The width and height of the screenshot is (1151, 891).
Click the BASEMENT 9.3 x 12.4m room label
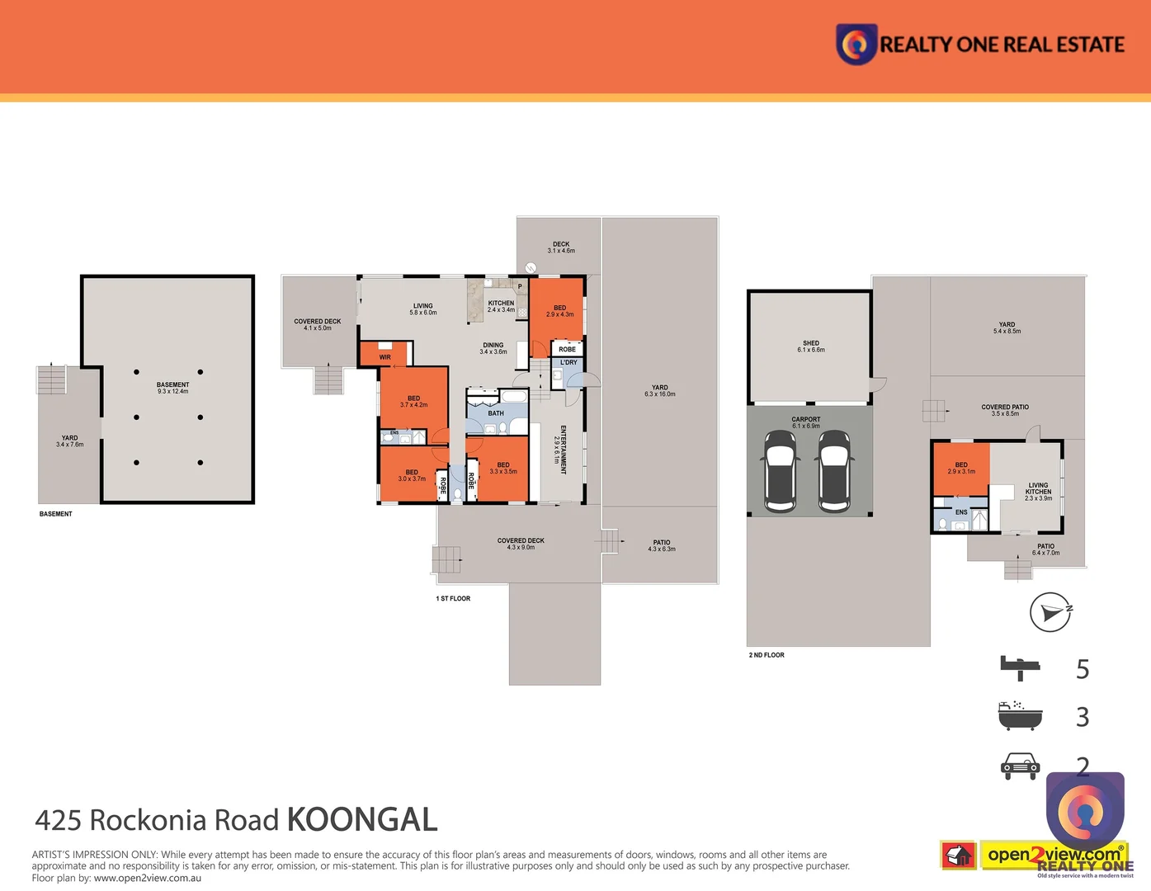click(x=172, y=388)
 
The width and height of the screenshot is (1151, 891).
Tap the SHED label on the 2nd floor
click(x=811, y=346)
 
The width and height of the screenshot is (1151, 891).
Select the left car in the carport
click(x=780, y=470)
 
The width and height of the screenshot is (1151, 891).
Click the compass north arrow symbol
click(x=1050, y=612)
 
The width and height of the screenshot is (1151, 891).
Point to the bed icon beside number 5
click(x=1020, y=667)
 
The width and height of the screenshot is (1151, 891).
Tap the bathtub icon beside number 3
click(x=1020, y=716)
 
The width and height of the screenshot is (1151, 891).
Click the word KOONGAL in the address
click(x=361, y=820)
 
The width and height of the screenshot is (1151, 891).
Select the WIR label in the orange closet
click(x=385, y=357)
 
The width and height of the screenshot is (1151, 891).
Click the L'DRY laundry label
click(x=568, y=362)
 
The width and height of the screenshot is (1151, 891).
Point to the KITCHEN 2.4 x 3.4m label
click(x=501, y=306)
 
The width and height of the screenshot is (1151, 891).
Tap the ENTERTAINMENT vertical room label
click(x=560, y=450)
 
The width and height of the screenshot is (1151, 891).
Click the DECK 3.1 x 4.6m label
click(x=561, y=247)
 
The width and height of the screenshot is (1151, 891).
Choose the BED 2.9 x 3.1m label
click(x=961, y=468)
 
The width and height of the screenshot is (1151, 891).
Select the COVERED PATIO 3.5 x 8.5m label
click(x=1005, y=410)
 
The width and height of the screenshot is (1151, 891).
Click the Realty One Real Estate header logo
click(x=981, y=44)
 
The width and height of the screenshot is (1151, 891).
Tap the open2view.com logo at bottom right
click(x=1054, y=855)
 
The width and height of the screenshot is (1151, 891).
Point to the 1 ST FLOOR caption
click(x=453, y=599)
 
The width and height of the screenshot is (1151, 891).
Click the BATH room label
click(x=496, y=413)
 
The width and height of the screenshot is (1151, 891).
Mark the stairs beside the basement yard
click(x=52, y=379)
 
